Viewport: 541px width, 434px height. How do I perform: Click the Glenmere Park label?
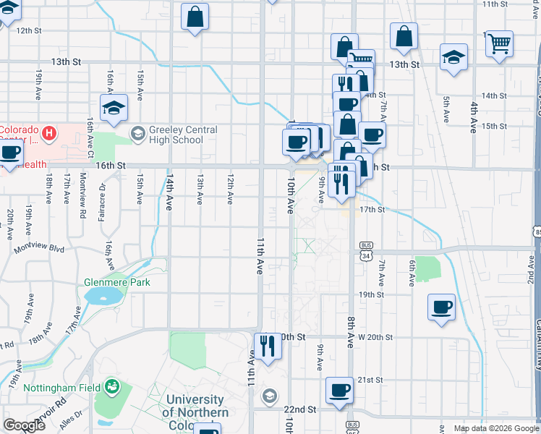point(116,282)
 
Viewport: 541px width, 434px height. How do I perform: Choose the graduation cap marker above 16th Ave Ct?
point(114,108)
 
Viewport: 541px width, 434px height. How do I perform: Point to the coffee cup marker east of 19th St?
point(441,308)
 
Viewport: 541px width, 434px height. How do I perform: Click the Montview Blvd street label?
point(43,248)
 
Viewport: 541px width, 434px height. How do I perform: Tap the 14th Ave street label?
point(170,191)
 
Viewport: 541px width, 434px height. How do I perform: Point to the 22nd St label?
point(301,409)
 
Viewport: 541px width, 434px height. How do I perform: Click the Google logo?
point(24,425)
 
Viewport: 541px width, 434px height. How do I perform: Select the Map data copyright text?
point(495,428)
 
